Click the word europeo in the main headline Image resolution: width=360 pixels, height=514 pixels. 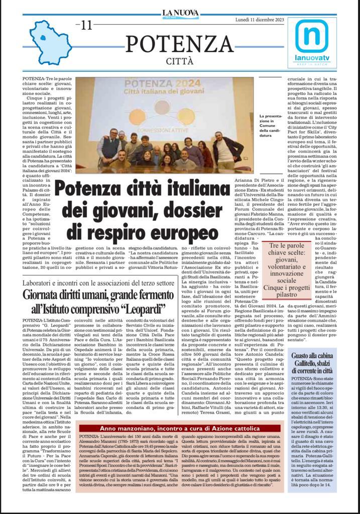click(x=180, y=233)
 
